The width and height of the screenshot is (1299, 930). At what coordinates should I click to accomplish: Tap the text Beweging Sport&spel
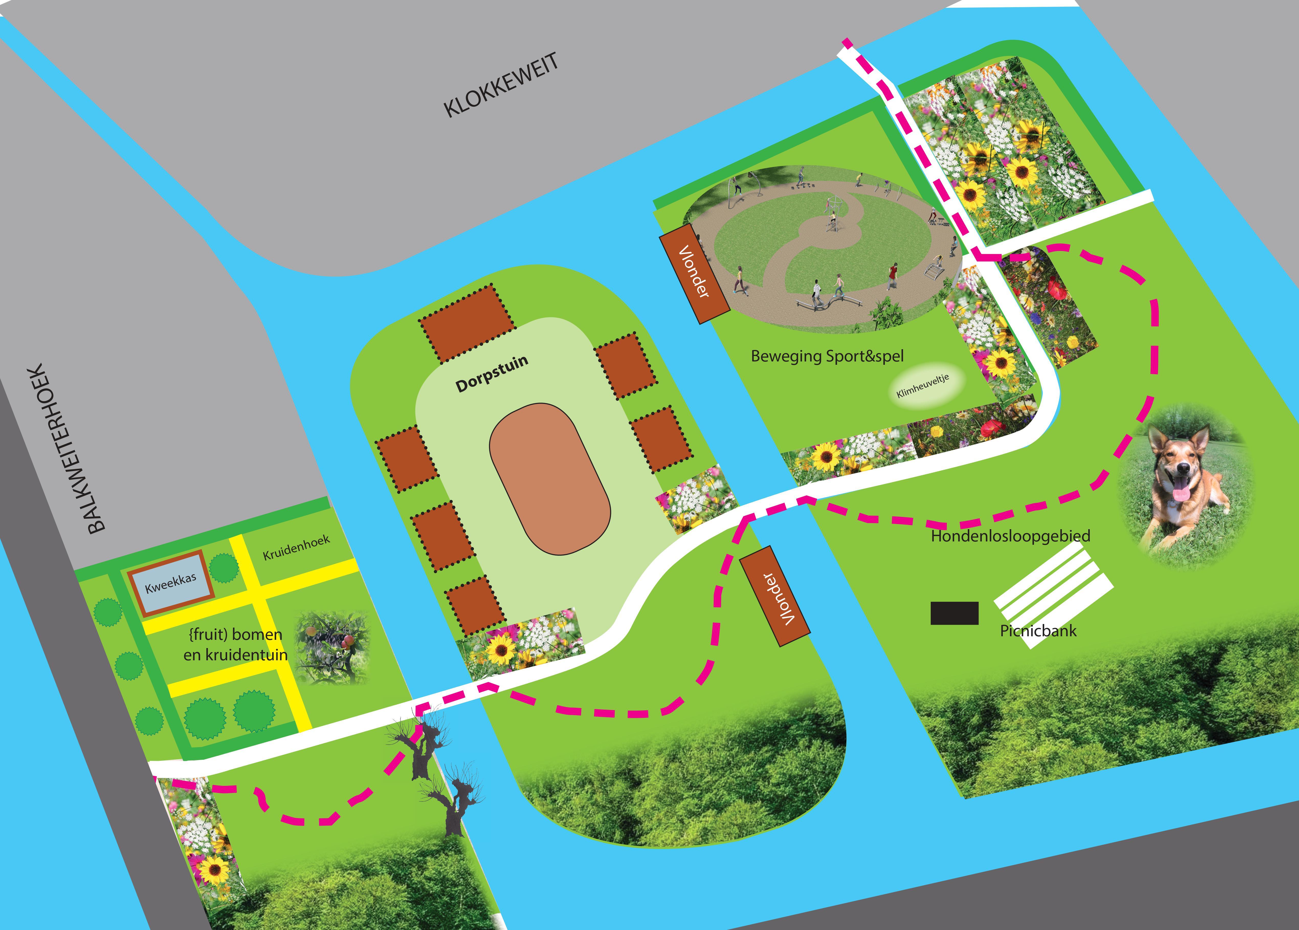[x=827, y=356]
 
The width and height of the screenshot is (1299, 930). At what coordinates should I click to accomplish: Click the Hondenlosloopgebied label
[x=1010, y=536]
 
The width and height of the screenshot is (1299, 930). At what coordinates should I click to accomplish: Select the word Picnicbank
[x=1038, y=631]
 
